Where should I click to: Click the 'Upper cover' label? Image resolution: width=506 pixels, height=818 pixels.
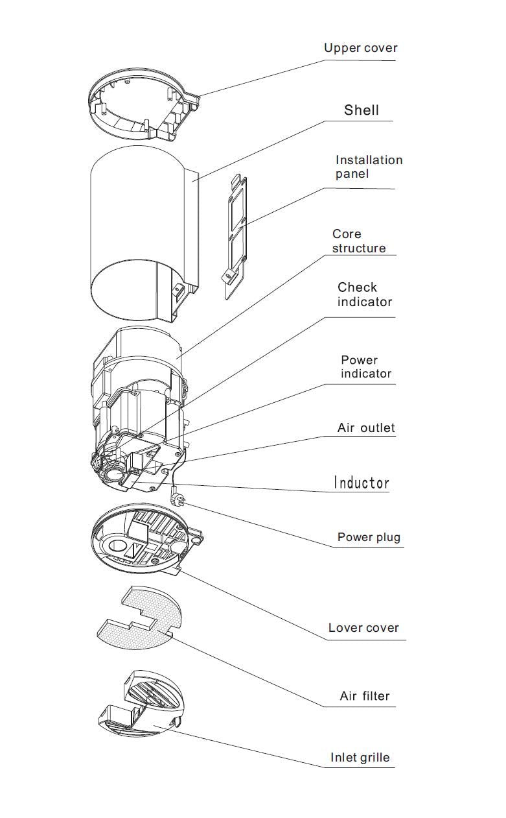(360, 48)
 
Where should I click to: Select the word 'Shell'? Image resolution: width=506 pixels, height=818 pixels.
(361, 110)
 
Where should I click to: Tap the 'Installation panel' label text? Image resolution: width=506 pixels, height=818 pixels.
(369, 167)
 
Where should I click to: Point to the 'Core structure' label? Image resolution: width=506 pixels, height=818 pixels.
(358, 241)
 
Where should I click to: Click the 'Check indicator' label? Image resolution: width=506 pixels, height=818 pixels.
(365, 295)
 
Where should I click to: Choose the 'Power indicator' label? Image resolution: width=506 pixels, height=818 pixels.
(366, 367)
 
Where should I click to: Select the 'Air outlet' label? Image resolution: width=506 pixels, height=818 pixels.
(366, 428)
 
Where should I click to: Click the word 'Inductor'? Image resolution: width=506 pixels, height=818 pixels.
(362, 483)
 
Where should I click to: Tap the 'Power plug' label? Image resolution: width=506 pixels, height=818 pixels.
(369, 537)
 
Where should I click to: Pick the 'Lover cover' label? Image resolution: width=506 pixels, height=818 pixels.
(363, 628)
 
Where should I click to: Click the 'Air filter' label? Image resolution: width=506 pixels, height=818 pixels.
(365, 697)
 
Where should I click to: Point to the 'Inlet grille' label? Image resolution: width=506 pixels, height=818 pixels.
(360, 758)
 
